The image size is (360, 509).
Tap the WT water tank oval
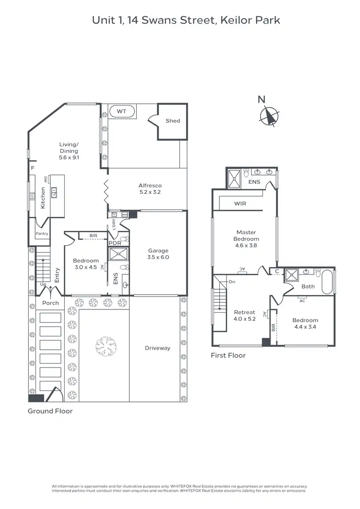pos(121,111)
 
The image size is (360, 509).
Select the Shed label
pos(173,121)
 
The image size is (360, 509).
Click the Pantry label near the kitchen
pos(42,234)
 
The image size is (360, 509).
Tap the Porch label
pos(50,303)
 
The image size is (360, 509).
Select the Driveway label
pos(157,348)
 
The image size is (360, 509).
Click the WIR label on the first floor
pos(240,203)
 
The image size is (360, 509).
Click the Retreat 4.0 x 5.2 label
pos(244,316)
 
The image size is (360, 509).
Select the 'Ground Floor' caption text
pos(50,411)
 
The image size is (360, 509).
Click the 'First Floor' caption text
pos(228,355)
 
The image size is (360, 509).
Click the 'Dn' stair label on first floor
pos(232,282)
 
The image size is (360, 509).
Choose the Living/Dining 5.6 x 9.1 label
pos(69,150)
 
